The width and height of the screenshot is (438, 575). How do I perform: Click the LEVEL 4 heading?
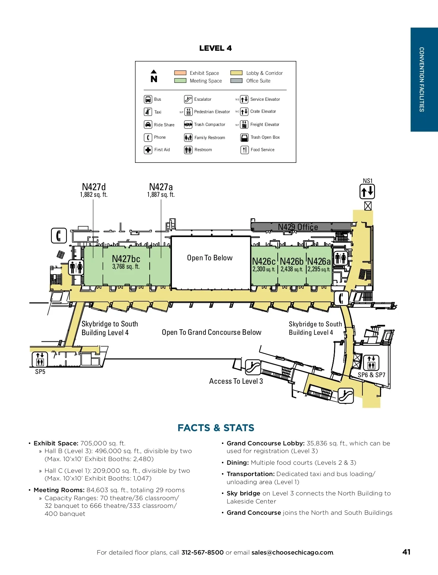coord(215,48)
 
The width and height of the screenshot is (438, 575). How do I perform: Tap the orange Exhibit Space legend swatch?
coord(180,73)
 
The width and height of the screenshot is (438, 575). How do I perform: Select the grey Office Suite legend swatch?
coord(236,81)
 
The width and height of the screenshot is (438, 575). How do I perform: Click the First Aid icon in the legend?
coord(148,150)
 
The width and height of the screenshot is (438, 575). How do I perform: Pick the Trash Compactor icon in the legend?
coord(188,124)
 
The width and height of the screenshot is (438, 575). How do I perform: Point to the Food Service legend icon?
coord(244,150)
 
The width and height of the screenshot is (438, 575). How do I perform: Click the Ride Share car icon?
coord(148,124)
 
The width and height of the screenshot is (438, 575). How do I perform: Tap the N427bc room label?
coord(126,259)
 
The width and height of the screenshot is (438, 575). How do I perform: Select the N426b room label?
coord(292,261)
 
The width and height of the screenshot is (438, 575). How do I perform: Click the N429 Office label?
coord(298,227)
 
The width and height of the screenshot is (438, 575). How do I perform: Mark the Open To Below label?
coord(210,258)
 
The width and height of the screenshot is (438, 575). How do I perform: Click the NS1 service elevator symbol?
coord(367,191)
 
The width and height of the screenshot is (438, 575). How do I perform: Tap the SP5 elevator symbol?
coord(40,359)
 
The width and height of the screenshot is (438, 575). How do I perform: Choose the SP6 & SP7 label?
coord(371,375)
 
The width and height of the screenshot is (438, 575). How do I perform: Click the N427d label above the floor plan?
coord(94,187)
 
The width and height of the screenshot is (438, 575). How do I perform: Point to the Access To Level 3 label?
coord(236,381)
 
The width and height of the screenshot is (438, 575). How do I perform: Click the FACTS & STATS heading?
coord(216,428)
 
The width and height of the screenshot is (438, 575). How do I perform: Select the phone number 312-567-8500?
coord(202,552)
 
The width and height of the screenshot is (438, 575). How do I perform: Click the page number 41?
coord(406,552)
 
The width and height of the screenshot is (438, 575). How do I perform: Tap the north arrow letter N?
coord(154,79)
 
